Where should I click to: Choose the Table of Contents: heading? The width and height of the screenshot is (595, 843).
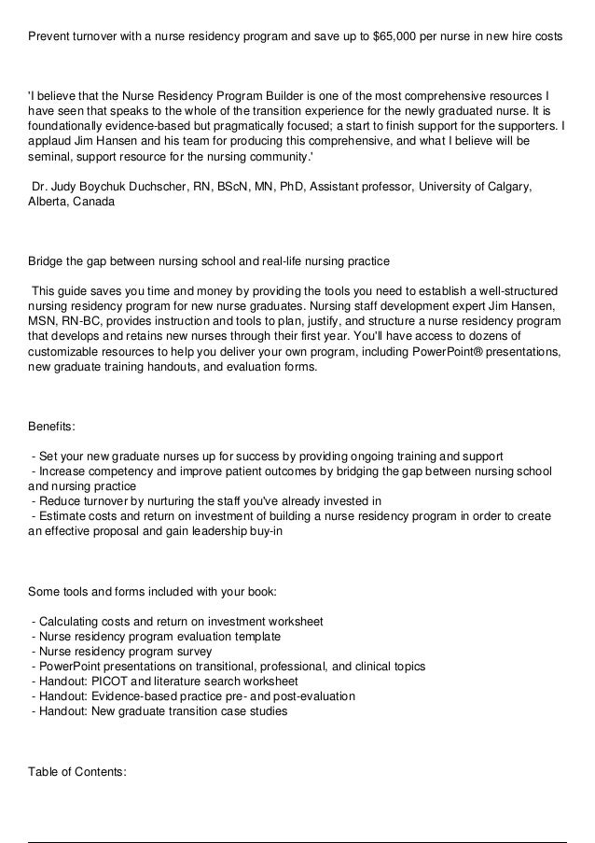click(77, 772)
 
